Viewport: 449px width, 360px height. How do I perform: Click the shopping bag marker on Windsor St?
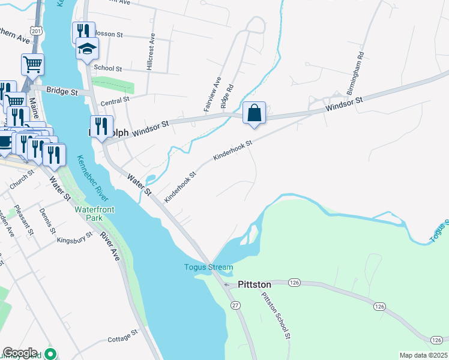255,113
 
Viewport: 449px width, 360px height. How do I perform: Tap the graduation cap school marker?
87,49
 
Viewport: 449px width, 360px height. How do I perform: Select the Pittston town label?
255,284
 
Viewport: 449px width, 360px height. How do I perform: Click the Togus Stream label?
208,267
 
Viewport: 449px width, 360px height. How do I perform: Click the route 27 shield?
236,306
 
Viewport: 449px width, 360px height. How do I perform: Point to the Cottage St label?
123,339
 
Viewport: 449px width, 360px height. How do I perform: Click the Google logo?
20,353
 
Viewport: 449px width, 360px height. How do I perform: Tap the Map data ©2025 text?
423,355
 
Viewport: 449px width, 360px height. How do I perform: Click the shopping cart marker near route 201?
32,64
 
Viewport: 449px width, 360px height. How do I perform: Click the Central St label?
115,100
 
